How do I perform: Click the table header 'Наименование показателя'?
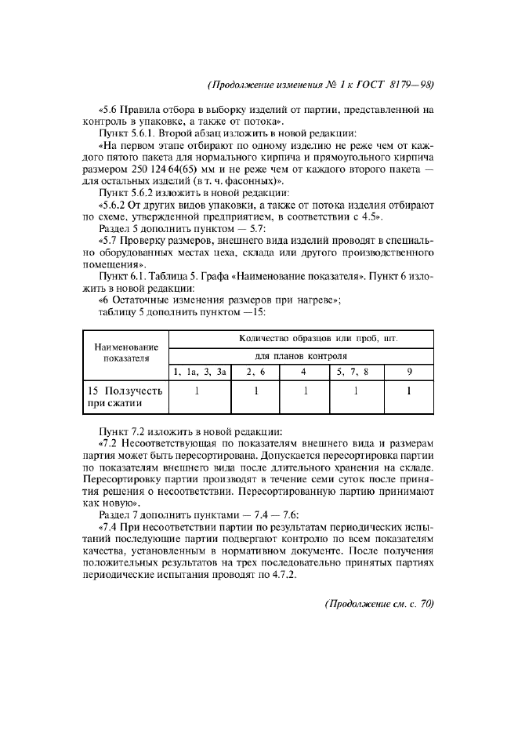coord(126,352)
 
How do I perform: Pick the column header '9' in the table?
coord(409,372)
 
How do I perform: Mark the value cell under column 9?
coord(409,391)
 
